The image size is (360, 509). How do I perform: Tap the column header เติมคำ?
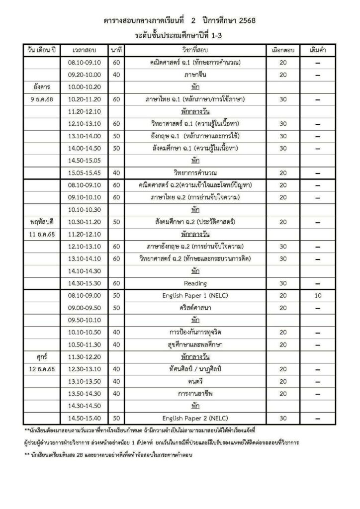317,51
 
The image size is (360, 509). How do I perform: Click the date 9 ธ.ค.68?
43,99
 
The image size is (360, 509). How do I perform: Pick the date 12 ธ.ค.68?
43,368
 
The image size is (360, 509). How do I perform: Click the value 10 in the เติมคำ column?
317,295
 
